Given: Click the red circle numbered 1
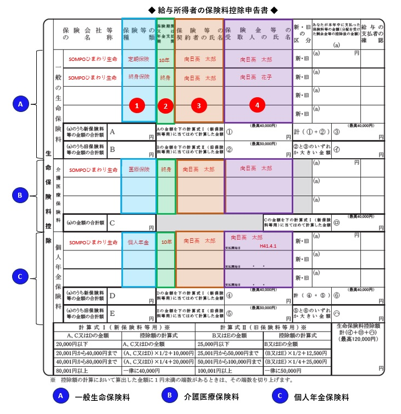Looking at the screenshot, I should click(138, 104).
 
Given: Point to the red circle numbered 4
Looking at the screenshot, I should click(258, 103).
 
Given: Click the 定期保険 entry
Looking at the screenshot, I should click(138, 59).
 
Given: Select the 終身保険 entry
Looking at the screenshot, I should click(138, 77).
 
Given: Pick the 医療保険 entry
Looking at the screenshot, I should click(138, 169).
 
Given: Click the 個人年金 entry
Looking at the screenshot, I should click(138, 242).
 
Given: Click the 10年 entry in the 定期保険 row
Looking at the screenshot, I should click(164, 59).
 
